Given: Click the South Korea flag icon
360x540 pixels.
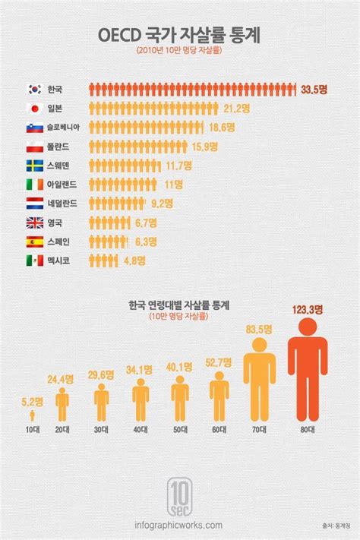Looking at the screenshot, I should point(35,87).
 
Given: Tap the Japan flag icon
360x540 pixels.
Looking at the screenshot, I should point(35,107).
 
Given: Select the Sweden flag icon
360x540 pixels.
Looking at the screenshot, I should point(35,165).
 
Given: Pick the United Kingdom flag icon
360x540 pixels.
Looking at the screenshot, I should point(35,223).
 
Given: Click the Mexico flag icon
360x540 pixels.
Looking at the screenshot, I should point(35,261).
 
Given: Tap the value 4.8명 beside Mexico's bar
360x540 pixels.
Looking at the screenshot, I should point(134,261).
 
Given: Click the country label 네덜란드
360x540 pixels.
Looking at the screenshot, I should point(61,204).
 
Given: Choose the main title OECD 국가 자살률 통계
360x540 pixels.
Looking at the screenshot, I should point(179,35).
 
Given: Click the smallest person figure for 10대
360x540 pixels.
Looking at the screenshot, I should point(32,416).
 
